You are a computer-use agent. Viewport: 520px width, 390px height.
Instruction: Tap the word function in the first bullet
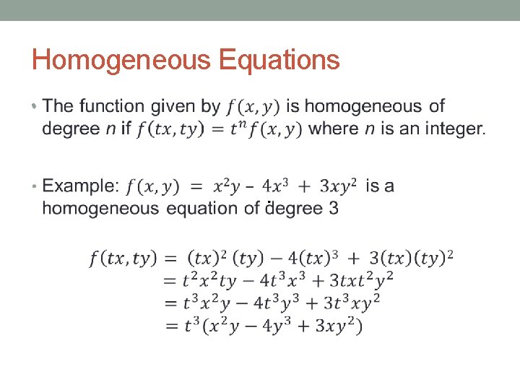113,107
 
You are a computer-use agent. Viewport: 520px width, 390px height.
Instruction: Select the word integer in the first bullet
451,129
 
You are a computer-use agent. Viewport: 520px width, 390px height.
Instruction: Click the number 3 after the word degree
333,209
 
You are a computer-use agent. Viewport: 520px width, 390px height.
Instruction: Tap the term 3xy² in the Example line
338,186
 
